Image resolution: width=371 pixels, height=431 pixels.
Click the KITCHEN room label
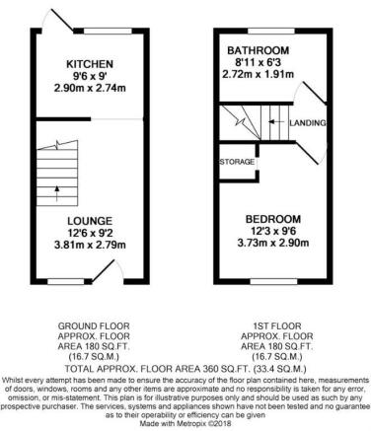[x=90, y=64]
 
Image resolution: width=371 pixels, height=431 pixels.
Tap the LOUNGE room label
[x=90, y=221]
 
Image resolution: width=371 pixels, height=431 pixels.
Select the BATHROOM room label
[x=259, y=50]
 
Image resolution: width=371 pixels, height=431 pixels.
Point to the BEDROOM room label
[x=273, y=219]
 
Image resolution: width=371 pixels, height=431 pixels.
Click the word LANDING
[x=308, y=123]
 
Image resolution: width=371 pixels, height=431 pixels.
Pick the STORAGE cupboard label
[x=237, y=162]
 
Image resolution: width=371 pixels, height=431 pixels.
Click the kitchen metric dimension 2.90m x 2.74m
[x=90, y=88]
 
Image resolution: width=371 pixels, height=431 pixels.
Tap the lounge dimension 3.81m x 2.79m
[x=90, y=245]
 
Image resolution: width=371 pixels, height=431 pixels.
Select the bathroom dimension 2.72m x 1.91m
[x=259, y=74]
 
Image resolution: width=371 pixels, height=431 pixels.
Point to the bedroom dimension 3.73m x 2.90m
[x=273, y=243]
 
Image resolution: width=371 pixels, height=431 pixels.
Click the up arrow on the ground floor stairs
[x=57, y=193]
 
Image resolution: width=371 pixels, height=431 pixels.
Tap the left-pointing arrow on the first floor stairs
[x=275, y=122]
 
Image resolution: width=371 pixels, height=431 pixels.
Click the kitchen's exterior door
[x=62, y=21]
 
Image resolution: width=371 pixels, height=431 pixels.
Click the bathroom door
[x=315, y=93]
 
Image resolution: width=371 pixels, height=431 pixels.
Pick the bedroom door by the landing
[x=308, y=152]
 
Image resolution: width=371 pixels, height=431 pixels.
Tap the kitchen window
[x=108, y=31]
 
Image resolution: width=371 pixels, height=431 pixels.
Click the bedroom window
[x=273, y=282]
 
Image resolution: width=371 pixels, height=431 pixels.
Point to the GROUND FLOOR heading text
[x=94, y=326]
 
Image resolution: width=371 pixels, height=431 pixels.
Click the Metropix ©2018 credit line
[x=185, y=423]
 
